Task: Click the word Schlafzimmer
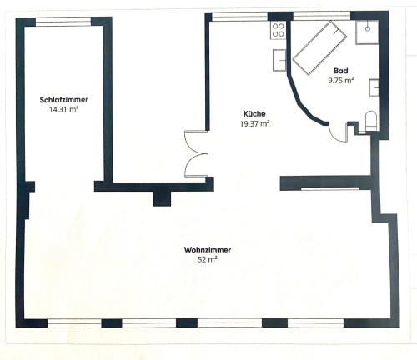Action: pos(64,100)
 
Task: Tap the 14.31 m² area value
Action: pos(63,109)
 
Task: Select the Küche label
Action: pos(254,114)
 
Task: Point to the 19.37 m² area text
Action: pos(254,123)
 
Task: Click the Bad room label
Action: pos(341,71)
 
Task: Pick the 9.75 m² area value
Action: pos(341,81)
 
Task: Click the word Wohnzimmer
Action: pos(208,250)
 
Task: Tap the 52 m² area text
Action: pos(208,260)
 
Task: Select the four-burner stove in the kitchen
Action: pos(278,30)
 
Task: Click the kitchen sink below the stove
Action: pos(279,60)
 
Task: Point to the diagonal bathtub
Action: pos(319,47)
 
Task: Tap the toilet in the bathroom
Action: pos(370,121)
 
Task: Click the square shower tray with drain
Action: pos(367,32)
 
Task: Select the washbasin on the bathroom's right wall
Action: pos(374,87)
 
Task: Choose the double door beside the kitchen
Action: pos(196,154)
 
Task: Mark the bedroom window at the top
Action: pos(63,22)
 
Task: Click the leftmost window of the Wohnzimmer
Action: pos(74,323)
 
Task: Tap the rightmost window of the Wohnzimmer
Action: pos(316,323)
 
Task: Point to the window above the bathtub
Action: pos(322,17)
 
